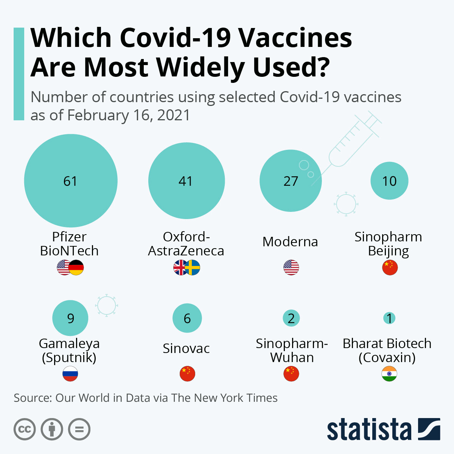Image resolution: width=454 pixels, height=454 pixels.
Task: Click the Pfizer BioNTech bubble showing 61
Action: (x=71, y=181)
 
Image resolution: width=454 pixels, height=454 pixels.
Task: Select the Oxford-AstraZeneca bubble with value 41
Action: (x=186, y=181)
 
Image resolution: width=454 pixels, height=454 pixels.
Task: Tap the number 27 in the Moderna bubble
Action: (x=291, y=181)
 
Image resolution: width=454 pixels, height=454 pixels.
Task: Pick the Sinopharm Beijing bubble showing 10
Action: (x=389, y=181)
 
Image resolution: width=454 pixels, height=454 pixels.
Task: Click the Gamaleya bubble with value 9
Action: (x=70, y=318)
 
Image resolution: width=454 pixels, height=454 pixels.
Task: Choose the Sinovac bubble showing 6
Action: (x=187, y=318)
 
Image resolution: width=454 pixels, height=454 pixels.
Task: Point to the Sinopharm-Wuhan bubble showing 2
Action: (x=291, y=318)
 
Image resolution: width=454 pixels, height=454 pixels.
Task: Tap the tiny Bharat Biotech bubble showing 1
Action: (x=389, y=318)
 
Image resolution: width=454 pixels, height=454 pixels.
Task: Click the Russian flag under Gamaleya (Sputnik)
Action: (x=70, y=374)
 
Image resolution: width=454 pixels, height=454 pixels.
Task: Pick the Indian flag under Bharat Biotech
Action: (x=389, y=374)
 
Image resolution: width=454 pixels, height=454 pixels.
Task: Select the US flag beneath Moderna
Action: (x=291, y=267)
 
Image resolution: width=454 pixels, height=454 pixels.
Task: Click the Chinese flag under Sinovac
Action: (x=187, y=374)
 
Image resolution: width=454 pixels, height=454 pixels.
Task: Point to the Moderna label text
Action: (x=290, y=242)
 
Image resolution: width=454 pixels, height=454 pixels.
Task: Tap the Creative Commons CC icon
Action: (x=25, y=429)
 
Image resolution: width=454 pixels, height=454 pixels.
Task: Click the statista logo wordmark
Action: (x=369, y=429)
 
